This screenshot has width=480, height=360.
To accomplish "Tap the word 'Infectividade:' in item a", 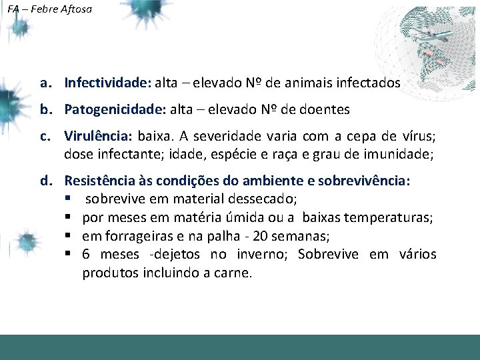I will tap(107, 83).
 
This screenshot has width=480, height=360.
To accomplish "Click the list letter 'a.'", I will tap(45, 83).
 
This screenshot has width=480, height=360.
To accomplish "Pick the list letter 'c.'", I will tap(45, 137).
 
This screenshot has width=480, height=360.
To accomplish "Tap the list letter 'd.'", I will tap(45, 181).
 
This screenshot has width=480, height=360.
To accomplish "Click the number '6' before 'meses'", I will tap(87, 254).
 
